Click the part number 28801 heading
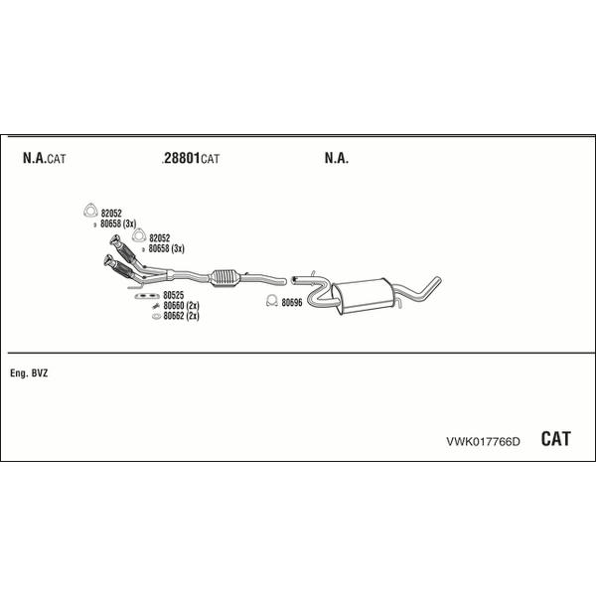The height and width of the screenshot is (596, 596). [x=182, y=158]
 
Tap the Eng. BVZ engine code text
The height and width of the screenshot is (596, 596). [x=29, y=373]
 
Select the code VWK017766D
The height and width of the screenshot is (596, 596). [x=483, y=441]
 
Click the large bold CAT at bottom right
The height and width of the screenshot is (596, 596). [x=555, y=439]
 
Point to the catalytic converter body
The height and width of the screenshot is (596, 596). [x=224, y=277]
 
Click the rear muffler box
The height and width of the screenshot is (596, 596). [x=363, y=296]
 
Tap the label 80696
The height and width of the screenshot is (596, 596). [x=292, y=302]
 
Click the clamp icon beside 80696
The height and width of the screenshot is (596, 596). [x=272, y=301]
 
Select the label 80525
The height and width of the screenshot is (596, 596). [x=173, y=295]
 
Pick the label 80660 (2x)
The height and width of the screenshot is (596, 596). [x=182, y=305]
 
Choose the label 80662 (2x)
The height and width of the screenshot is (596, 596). [x=182, y=316]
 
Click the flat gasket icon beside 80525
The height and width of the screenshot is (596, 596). [x=147, y=296]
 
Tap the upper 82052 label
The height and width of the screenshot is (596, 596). [x=111, y=214]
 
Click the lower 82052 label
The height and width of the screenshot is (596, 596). [x=160, y=238]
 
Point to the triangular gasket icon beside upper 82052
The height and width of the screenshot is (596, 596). [x=90, y=211]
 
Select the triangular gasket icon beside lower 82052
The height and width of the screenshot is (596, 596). [x=139, y=235]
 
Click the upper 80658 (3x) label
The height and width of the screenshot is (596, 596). [x=118, y=223]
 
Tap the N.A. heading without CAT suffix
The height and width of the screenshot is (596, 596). [x=337, y=158]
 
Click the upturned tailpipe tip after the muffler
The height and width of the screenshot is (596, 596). [x=436, y=282]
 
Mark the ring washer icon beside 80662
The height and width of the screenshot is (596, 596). [x=156, y=316]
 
